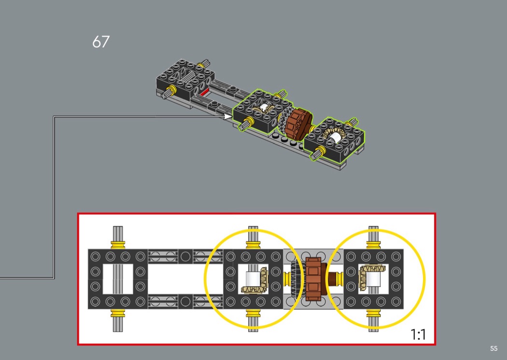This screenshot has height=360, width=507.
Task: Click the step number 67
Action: (101, 42)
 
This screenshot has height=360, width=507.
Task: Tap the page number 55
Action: (493, 348)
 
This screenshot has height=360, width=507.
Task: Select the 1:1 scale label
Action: (418, 334)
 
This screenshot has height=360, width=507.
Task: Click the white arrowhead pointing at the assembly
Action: (227, 116)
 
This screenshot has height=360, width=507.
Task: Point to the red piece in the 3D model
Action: (204, 93)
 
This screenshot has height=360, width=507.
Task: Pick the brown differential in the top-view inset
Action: (313, 279)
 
